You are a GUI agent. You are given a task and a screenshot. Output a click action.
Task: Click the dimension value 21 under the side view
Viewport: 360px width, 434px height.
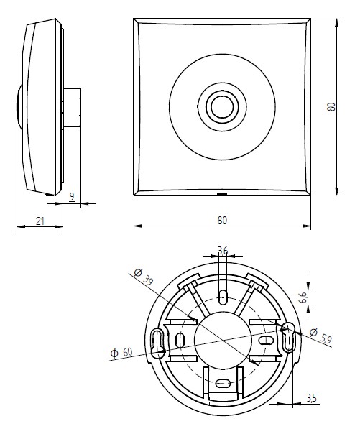tap(39, 222)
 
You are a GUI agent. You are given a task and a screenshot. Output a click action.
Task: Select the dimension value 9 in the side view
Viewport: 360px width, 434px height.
tap(71, 195)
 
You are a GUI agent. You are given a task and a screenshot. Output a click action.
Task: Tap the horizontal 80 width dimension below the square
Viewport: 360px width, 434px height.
tap(222, 220)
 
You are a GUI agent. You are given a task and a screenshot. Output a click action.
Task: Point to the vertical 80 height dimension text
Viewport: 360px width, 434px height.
tap(331, 106)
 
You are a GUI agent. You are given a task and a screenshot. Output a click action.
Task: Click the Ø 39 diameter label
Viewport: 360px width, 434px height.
tap(143, 276)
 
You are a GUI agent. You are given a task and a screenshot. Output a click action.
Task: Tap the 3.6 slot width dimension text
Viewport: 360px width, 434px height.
tap(223, 251)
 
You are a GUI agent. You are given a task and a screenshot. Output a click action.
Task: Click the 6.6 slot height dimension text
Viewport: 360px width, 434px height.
tap(303, 296)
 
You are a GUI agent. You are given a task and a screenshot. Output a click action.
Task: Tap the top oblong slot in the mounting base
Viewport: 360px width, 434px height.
tap(223, 295)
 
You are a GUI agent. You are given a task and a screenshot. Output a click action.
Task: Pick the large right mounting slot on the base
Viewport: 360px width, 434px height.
tap(289, 337)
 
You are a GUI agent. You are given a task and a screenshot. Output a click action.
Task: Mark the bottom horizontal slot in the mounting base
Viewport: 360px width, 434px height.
tap(223, 384)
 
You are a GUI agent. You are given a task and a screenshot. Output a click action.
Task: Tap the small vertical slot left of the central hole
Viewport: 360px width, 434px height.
tap(180, 339)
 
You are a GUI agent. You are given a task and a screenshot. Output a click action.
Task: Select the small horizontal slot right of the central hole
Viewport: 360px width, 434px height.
tap(265, 339)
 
